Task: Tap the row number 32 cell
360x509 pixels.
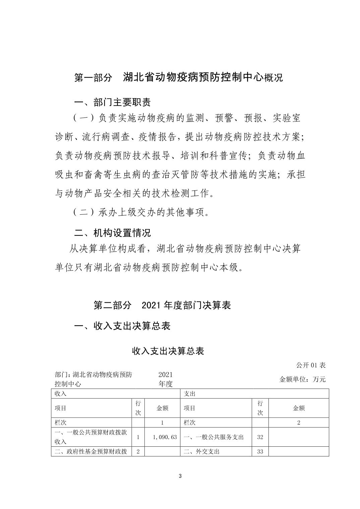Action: click(x=260, y=437)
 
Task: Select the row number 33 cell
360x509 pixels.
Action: click(x=260, y=451)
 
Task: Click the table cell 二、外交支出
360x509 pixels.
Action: click(x=201, y=451)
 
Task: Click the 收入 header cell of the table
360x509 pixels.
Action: click(x=61, y=393)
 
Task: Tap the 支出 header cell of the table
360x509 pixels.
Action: click(x=190, y=393)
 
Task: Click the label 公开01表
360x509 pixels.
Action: click(x=311, y=365)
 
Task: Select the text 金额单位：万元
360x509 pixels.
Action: click(x=302, y=379)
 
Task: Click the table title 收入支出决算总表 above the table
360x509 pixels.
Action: click(x=168, y=351)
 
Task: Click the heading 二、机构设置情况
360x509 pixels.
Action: click(x=112, y=232)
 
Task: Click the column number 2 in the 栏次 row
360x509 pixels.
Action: click(x=299, y=423)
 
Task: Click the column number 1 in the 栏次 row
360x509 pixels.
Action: click(x=162, y=423)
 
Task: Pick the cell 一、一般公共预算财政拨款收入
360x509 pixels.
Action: click(x=91, y=437)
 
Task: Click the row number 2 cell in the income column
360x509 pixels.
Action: click(x=138, y=451)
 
